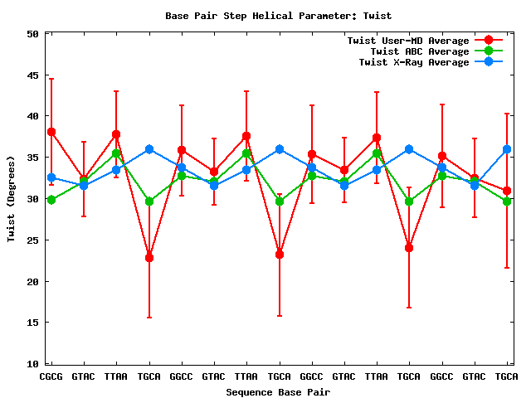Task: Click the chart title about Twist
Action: tap(278, 16)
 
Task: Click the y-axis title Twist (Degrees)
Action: tap(11, 199)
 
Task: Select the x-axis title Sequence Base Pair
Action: tap(278, 391)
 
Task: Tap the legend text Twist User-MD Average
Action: tap(408, 41)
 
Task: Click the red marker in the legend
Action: tap(489, 41)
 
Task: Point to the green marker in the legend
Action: tap(489, 51)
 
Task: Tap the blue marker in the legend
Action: tap(489, 62)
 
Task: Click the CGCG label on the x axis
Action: tap(51, 376)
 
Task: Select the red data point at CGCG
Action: tap(51, 132)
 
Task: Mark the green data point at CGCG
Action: tap(51, 200)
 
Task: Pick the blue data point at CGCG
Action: tap(51, 177)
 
